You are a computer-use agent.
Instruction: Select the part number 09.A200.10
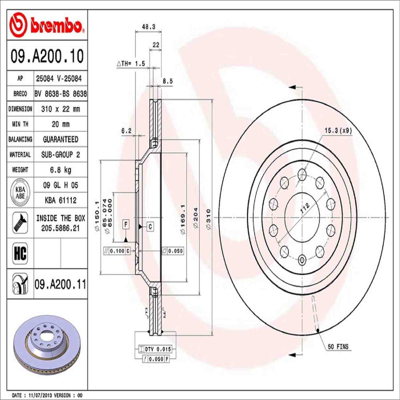tap(47, 56)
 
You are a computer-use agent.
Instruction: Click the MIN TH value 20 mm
tap(60, 124)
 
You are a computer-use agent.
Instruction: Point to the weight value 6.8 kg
tap(60, 170)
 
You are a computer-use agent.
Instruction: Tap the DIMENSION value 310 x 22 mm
tap(60, 109)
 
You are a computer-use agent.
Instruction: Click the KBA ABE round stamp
tap(20, 192)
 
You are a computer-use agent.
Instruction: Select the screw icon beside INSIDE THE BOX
tap(20, 223)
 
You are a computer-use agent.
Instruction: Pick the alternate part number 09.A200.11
tap(60, 284)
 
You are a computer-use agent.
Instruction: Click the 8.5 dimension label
tap(167, 81)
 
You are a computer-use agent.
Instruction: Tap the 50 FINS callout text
tap(338, 346)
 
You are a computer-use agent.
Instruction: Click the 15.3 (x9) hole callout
tap(338, 130)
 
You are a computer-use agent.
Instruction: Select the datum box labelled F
tap(126, 224)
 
